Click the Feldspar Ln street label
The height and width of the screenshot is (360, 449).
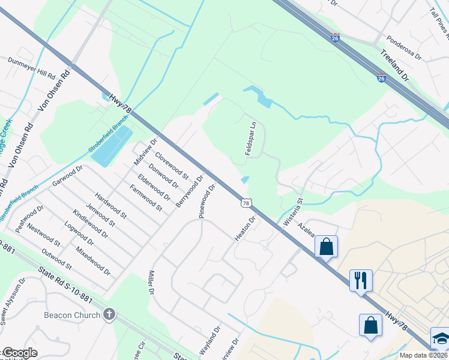[x=252, y=139]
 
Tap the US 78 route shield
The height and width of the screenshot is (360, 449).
[x=247, y=203]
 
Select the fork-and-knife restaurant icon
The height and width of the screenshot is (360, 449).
[x=361, y=280]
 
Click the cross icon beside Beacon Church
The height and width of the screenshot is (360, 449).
[x=109, y=315]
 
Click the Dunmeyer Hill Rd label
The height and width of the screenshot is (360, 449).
[x=31, y=69]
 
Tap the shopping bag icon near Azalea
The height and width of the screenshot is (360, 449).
[x=326, y=246]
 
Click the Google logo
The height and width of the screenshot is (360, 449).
[x=19, y=353]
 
